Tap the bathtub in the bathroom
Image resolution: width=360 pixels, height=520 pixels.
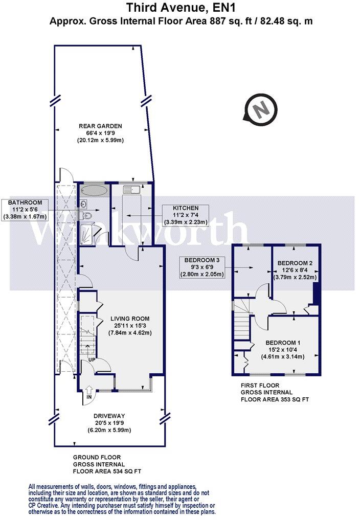click(94, 191)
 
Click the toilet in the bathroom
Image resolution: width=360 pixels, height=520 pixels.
click(86, 216)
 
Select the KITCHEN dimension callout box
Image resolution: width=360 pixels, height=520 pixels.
click(186, 215)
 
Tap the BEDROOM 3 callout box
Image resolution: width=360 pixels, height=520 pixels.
click(201, 267)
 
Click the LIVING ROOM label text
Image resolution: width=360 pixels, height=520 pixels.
click(130, 326)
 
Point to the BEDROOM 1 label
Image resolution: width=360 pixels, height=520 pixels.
click(283, 350)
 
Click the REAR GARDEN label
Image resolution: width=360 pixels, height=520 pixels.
click(100, 133)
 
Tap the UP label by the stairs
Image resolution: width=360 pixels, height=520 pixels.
click(92, 359)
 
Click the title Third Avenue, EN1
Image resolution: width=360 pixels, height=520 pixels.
click(181, 7)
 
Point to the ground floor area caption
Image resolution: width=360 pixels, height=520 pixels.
click(107, 464)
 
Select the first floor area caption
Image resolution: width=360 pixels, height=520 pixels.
click(275, 392)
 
